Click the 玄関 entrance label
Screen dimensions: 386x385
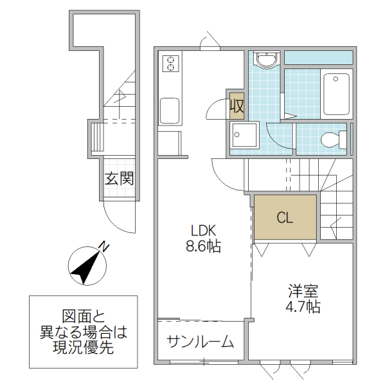click(119, 178)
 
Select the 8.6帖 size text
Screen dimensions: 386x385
click(203, 246)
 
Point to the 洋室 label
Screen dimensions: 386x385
click(303, 291)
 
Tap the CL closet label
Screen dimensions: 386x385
click(285, 218)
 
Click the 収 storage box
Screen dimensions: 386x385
click(236, 106)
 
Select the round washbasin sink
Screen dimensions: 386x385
click(265, 60)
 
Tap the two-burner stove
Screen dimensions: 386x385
click(172, 63)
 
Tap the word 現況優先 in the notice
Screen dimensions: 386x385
click(84, 349)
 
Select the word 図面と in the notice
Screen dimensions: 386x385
click(84, 317)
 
